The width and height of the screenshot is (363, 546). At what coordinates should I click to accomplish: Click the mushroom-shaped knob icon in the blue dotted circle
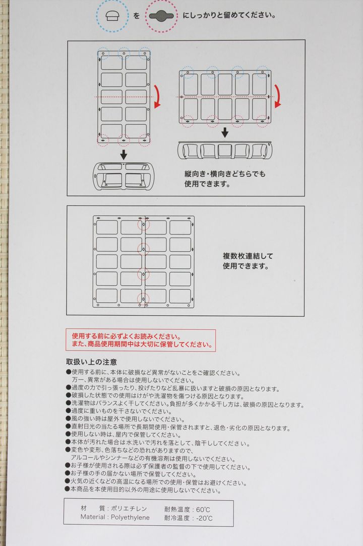tap(112, 16)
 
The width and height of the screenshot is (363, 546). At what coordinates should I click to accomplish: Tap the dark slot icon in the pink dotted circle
tap(161, 16)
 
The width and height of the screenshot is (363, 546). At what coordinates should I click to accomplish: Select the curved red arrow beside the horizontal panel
tap(278, 96)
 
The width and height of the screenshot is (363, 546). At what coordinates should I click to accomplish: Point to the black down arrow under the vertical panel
tap(124, 155)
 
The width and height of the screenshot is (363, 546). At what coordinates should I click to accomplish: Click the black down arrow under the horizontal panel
tap(225, 132)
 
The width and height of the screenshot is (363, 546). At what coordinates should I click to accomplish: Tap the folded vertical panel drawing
tap(123, 176)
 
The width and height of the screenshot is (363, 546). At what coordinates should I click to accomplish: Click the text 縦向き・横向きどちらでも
tap(225, 174)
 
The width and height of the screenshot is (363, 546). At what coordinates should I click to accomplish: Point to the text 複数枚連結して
tap(248, 256)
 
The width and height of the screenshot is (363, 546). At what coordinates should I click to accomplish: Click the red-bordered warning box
tap(141, 340)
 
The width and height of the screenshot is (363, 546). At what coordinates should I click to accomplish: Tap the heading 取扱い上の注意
tap(91, 362)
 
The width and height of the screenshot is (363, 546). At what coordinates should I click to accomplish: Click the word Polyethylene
tap(131, 517)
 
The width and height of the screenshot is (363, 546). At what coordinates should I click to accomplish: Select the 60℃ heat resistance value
tap(203, 510)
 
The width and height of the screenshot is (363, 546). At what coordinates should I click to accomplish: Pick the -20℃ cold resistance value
tap(204, 518)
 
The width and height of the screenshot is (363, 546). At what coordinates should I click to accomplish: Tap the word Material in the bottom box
tap(92, 517)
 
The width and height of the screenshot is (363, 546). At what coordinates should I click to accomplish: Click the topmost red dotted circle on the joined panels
tap(143, 224)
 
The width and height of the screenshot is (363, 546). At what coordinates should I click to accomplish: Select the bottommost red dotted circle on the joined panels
tap(143, 299)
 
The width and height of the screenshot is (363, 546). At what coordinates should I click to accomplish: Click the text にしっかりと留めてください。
tap(229, 16)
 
